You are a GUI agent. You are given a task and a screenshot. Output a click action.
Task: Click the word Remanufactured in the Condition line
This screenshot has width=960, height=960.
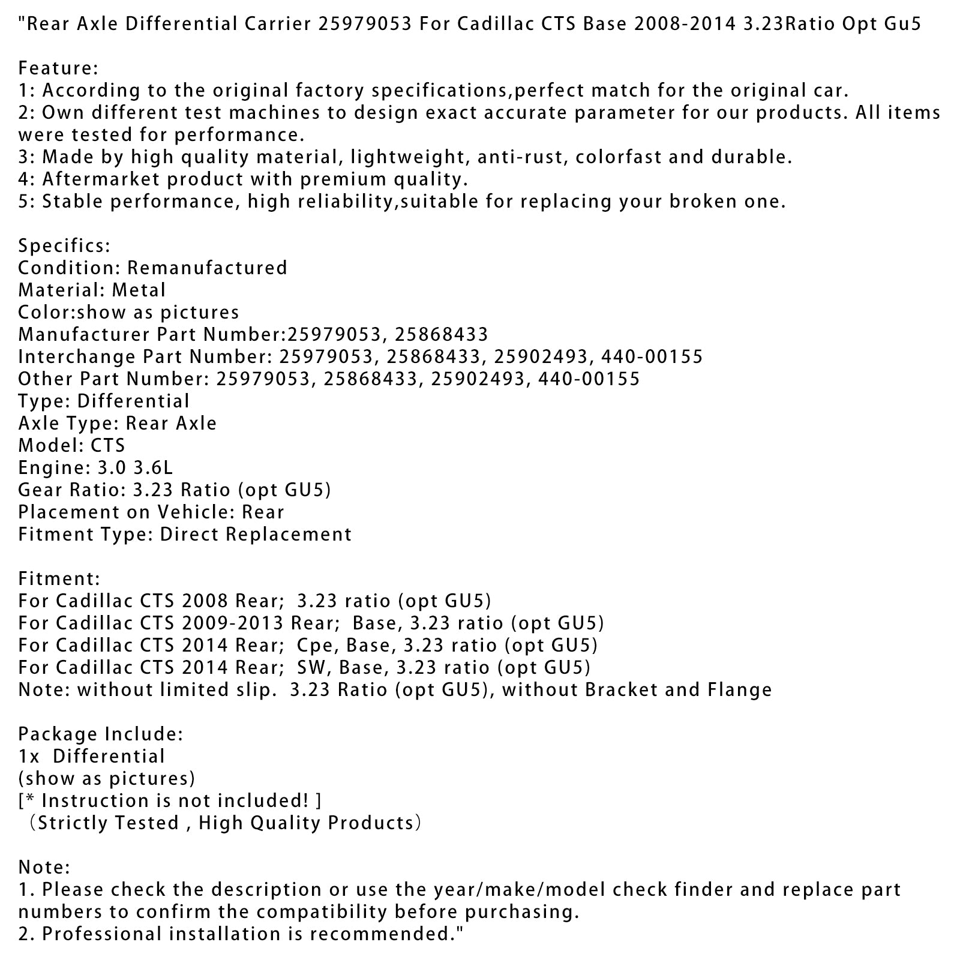(x=207, y=268)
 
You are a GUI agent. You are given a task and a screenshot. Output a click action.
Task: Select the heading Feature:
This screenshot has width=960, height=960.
(x=58, y=68)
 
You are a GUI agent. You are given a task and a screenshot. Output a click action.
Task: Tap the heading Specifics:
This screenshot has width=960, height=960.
(x=64, y=245)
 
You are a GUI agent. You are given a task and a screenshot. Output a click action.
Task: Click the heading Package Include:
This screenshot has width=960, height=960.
(x=101, y=734)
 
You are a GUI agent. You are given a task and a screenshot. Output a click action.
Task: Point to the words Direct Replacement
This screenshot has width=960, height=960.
(x=256, y=534)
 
